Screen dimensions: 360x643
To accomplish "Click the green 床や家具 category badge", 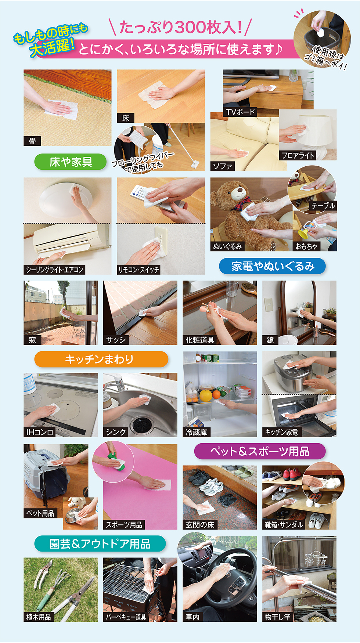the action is [x=71, y=162].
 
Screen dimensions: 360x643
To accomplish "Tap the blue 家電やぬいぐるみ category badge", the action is [x=272, y=266].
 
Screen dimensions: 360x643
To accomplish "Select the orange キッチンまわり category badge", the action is [x=101, y=359].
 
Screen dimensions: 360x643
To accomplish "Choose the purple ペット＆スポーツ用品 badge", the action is [x=260, y=451].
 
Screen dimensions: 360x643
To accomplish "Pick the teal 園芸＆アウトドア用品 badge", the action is [x=100, y=543].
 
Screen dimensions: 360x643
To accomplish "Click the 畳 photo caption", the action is [x=32, y=141].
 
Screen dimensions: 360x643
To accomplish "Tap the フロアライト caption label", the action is [x=298, y=155].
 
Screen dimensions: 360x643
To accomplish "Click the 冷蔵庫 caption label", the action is [x=196, y=432].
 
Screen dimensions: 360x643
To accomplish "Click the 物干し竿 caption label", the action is [x=278, y=617].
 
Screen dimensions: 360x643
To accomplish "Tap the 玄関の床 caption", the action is [x=200, y=525].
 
